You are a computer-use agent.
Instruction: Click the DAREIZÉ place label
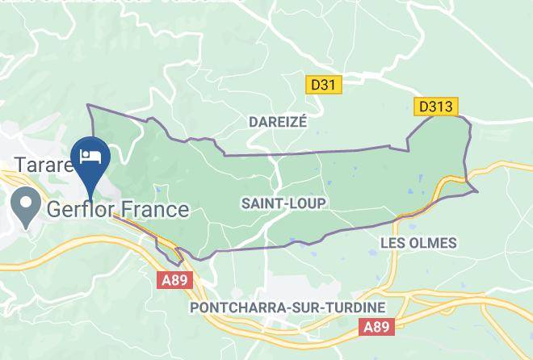click(x=278, y=121)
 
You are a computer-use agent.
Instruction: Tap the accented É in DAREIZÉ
click(x=303, y=121)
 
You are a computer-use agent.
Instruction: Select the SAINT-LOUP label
click(x=283, y=204)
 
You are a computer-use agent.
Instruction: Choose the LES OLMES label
click(x=418, y=242)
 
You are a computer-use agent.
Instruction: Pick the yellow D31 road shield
click(x=326, y=83)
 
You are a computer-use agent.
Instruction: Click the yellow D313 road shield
click(x=437, y=106)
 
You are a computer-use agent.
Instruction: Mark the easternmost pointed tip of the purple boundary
click(x=477, y=191)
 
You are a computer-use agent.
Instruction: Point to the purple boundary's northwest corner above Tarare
click(x=89, y=106)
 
